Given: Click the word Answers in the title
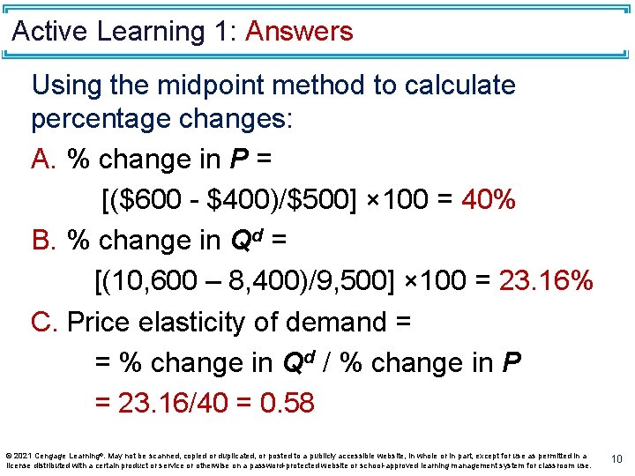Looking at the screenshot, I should [x=299, y=32].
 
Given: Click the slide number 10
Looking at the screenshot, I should [x=617, y=458].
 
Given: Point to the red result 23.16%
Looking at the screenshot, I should [x=546, y=281].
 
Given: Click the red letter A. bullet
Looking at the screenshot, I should [x=44, y=160].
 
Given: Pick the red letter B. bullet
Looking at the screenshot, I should [x=44, y=241].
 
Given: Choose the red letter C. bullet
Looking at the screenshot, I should [x=45, y=322].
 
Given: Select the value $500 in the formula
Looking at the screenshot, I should [x=313, y=199].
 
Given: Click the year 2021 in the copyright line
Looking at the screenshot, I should [x=23, y=456].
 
